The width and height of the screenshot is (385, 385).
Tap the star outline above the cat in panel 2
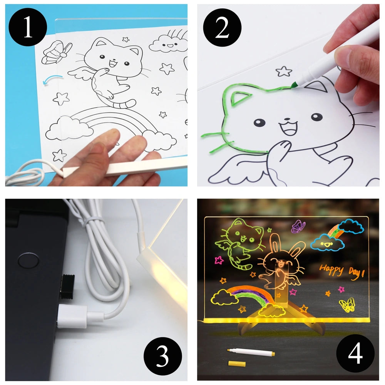pyautogui.click(x=284, y=71)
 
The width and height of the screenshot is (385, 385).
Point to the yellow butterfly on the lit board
pyautogui.click(x=347, y=305)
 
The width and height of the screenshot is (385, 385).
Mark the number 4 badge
pyautogui.click(x=355, y=353)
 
